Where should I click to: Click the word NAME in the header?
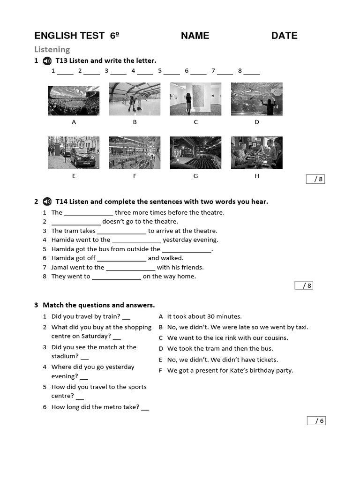pos(195,36)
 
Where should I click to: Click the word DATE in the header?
pos(284,36)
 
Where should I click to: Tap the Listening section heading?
pos(52,49)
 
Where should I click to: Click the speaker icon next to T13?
pos(47,61)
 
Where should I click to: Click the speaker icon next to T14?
pos(47,202)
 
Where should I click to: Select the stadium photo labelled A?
pos(74,100)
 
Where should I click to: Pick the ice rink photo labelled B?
pos(135,99)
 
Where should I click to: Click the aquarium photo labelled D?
pos(256,99)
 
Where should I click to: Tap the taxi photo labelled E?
pos(74,152)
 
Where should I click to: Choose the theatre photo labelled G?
pos(195,152)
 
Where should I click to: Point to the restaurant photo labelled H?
pos(256,152)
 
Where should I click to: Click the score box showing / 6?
pos(316,420)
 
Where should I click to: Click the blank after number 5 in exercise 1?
pos(172,72)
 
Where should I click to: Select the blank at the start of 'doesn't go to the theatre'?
pos(76,222)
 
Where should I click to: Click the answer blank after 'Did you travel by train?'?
pos(126,317)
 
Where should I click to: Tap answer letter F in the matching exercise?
pos(161,370)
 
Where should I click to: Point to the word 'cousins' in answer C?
pos(277,338)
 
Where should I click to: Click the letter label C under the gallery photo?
pos(195,122)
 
